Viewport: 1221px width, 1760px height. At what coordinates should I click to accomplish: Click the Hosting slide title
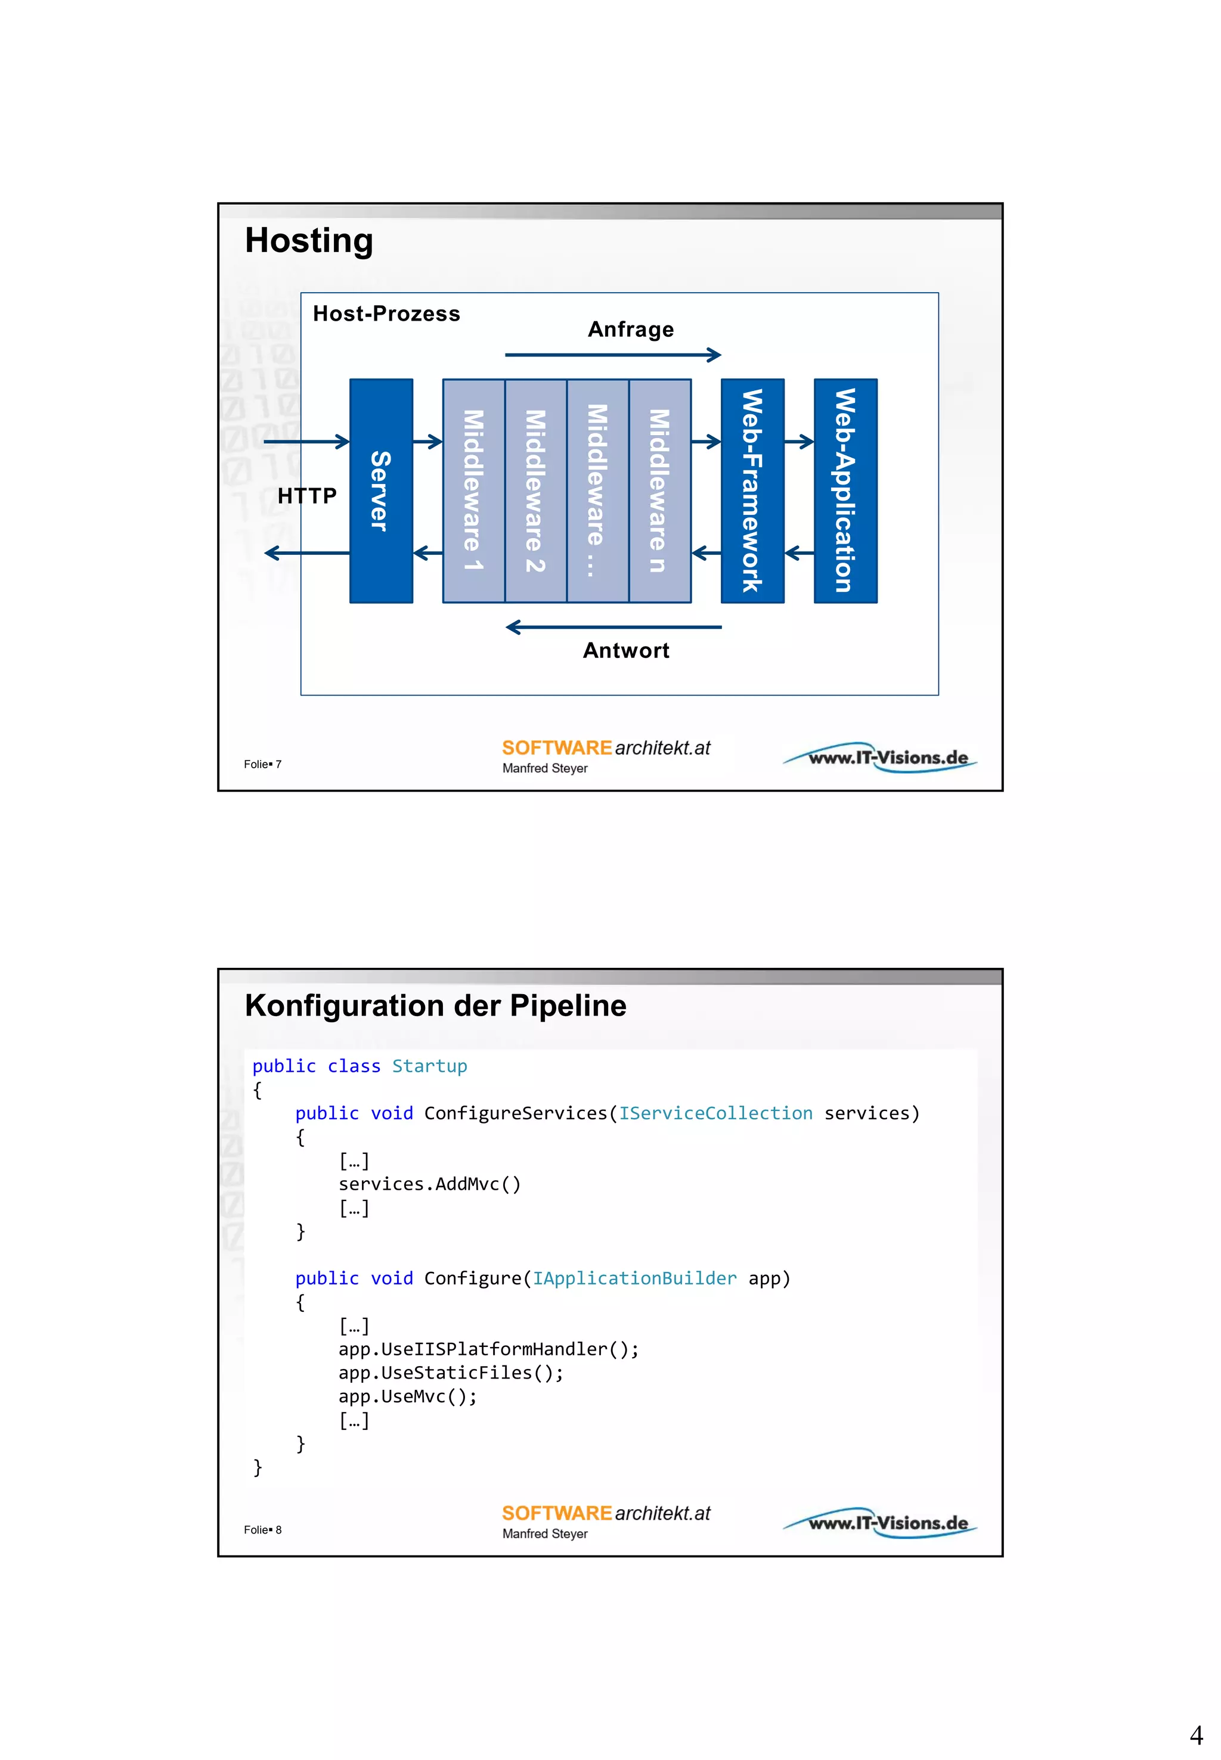pos(309,241)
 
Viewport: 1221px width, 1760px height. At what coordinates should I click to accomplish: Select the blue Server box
pos(381,491)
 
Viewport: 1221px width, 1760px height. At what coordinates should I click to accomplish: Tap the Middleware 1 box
pos(473,491)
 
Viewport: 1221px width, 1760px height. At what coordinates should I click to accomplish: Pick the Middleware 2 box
pos(535,491)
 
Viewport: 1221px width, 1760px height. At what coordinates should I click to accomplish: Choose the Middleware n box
pos(659,491)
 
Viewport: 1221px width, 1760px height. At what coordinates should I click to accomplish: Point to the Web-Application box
pos(845,491)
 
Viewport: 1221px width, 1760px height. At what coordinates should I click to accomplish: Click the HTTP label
pos(307,496)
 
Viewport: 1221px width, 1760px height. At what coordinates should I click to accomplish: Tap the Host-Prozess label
pos(386,313)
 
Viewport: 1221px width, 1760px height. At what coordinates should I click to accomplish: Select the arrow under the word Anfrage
pos(613,355)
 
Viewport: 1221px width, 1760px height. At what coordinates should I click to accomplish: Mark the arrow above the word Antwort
pos(613,627)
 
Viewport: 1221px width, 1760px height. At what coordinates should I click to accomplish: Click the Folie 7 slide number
pos(262,764)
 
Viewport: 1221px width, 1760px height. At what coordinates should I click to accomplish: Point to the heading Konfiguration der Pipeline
pos(435,1006)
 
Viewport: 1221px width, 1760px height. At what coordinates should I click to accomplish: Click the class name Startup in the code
pos(429,1066)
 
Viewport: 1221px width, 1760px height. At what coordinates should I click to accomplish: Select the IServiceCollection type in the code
pos(715,1114)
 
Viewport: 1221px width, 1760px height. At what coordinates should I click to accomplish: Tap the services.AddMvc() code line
pos(429,1184)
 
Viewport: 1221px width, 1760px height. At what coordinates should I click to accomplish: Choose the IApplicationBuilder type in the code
pos(634,1278)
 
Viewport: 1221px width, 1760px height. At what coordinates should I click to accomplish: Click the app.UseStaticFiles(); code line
pos(451,1373)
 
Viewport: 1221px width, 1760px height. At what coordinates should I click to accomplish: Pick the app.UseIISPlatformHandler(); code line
pos(488,1349)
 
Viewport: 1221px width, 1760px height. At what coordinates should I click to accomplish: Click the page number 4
pos(1196,1735)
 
